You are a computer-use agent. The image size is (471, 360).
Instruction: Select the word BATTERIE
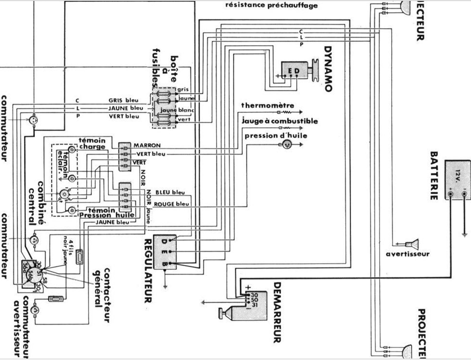coord(435,175)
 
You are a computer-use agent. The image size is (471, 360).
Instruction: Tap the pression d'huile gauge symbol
coord(286,143)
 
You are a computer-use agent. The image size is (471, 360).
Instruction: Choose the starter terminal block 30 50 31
coord(249,300)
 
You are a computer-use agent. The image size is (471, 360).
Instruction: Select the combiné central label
coord(38,199)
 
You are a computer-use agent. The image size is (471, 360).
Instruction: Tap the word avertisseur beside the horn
coord(408,254)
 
